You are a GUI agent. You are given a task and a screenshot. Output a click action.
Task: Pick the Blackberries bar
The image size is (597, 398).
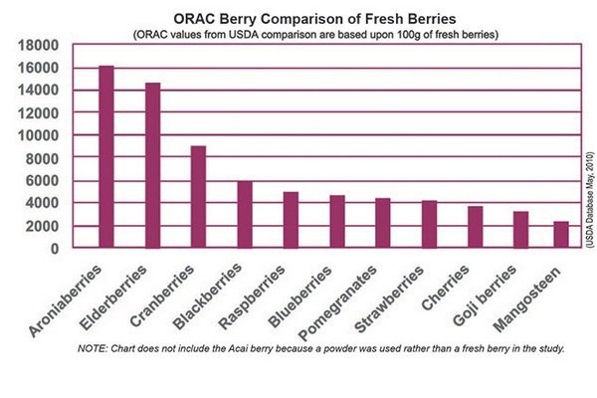pos(245,214)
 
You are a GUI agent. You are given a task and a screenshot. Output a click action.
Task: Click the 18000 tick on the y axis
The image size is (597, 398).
pos(43,45)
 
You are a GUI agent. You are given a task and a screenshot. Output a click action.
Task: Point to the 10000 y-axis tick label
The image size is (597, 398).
pos(43,135)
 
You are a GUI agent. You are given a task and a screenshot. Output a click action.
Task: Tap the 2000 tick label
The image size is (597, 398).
pos(48,226)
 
